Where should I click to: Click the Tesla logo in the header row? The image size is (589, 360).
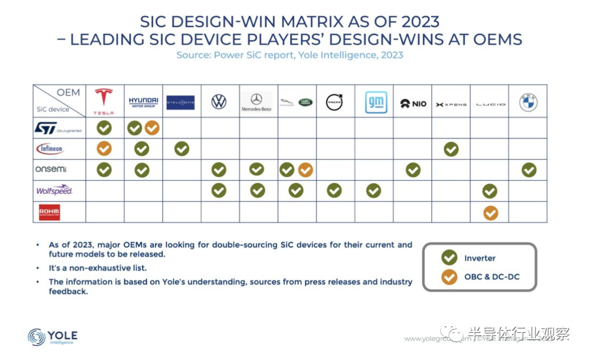coord(104,101)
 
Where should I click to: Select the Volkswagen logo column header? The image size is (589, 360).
coord(219,102)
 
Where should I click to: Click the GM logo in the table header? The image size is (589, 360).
coord(376,102)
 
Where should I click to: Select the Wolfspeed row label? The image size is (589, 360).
coord(54,191)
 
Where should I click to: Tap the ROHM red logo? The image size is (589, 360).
coord(50,212)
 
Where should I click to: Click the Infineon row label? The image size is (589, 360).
coord(50,148)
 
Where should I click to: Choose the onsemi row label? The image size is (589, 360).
coord(51,170)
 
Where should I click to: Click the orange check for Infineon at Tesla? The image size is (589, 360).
coord(104,149)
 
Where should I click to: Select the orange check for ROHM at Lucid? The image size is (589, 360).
coord(490,213)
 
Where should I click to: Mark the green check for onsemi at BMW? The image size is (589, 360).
coord(528,170)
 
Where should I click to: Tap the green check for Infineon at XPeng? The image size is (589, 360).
coord(451,149)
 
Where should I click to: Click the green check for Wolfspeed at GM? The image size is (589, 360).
coord(373,191)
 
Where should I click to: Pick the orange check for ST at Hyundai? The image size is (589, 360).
coord(152,128)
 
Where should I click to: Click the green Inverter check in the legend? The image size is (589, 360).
coord(449,257)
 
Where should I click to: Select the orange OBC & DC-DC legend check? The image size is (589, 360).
coord(449,277)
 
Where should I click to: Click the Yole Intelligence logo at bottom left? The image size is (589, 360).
coord(52,337)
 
